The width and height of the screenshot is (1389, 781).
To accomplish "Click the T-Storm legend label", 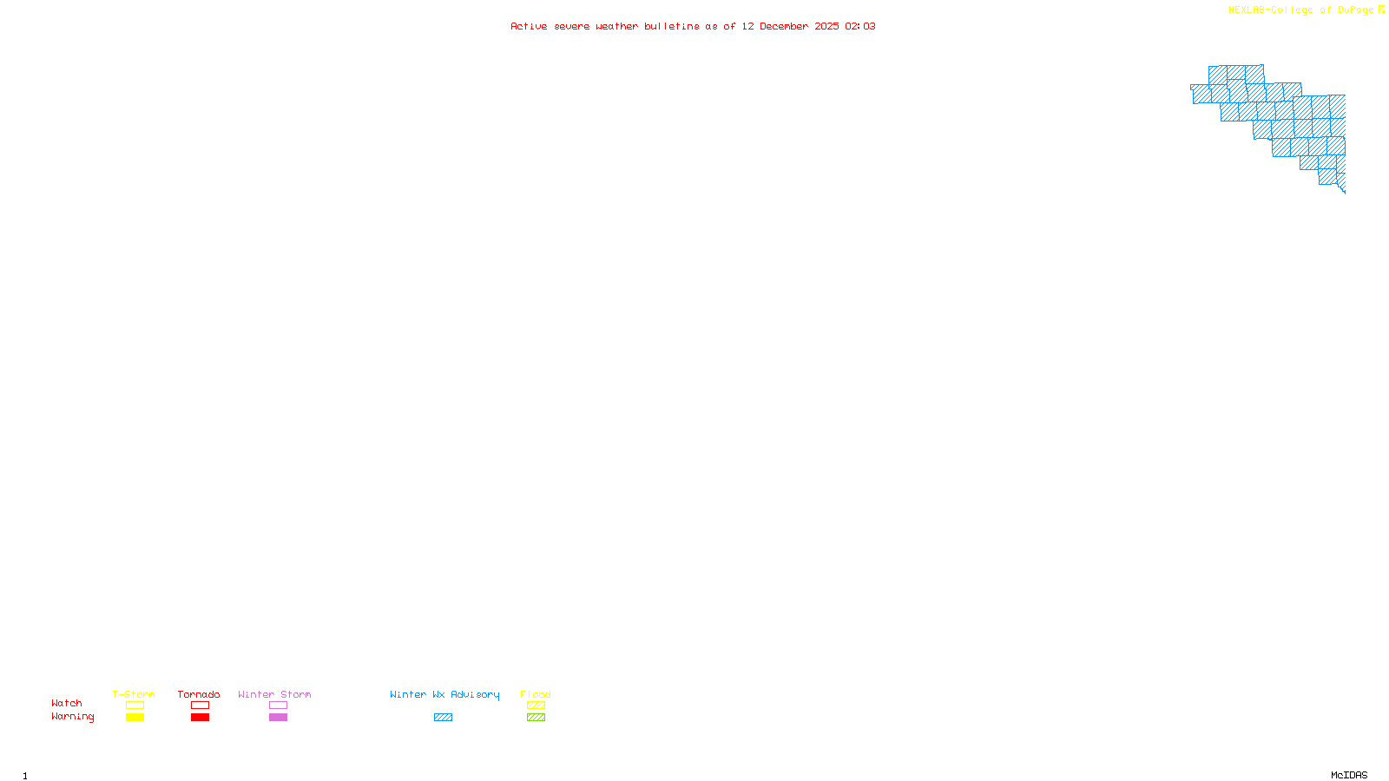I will click(134, 694).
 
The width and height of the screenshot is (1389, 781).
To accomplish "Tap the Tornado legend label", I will click(199, 694).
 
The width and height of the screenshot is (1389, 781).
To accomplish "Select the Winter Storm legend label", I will click(274, 694).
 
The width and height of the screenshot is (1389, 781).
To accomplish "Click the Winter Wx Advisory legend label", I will click(444, 694).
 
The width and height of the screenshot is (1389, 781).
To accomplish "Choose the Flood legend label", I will click(536, 694).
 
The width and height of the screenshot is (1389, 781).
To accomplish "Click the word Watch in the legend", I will click(67, 703).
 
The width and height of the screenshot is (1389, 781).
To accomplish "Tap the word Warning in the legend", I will click(72, 717).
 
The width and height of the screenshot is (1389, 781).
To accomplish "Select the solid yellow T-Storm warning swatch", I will click(135, 718).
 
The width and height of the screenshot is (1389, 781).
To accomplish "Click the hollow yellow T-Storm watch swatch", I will click(135, 706).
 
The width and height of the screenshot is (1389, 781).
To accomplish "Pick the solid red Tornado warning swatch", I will click(200, 718).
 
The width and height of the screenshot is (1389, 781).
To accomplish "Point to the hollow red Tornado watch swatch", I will click(200, 706).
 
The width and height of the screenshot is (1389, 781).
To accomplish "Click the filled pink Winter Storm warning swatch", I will click(278, 718).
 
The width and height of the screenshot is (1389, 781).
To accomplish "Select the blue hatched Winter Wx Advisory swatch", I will click(443, 718).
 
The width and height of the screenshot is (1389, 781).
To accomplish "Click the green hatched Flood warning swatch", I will click(536, 718).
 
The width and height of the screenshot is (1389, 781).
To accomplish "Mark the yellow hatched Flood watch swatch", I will click(536, 706).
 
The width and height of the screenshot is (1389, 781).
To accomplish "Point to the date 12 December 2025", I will click(790, 27).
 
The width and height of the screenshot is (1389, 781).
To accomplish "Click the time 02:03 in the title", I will click(860, 27).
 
